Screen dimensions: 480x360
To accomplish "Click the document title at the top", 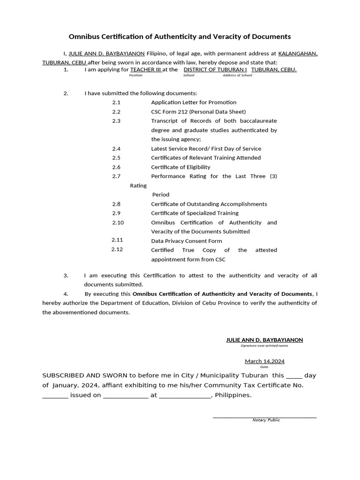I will click(180, 37).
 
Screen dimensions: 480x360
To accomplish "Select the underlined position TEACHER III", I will click(146, 70).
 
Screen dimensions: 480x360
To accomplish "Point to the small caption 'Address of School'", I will click(237, 75).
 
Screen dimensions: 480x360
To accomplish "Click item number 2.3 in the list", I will click(116, 121).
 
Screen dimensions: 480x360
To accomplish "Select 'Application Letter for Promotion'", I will click(194, 102).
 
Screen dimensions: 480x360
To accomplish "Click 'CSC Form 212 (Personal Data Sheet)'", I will click(198, 112).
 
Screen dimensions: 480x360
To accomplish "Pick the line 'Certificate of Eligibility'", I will click(180, 167).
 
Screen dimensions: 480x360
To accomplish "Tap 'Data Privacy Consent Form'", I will click(187, 241).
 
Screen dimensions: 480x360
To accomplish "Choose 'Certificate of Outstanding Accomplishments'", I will click(209, 204).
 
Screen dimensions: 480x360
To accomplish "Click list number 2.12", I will click(117, 249).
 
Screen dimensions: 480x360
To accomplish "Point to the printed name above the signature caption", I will click(264, 339).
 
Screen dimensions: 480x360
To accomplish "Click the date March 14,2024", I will click(264, 361).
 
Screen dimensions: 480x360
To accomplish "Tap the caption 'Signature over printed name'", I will click(264, 345).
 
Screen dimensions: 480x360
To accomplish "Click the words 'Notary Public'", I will click(266, 420).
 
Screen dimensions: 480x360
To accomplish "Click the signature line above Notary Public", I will click(264, 416).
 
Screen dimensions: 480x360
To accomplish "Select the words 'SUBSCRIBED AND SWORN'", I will click(82, 375).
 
